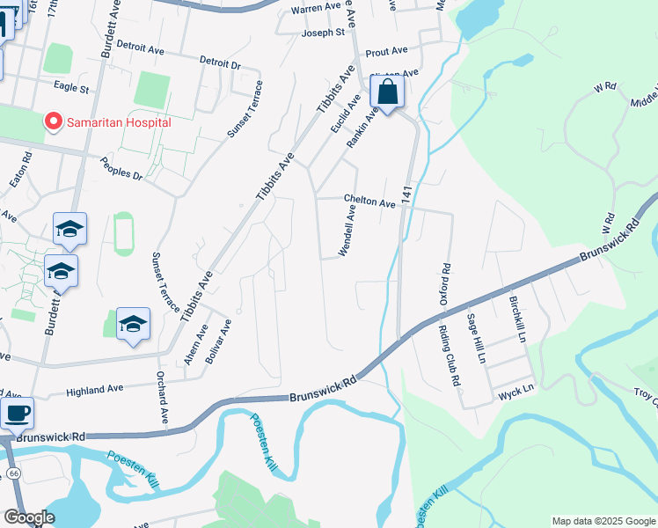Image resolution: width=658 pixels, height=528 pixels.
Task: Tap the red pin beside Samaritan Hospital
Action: point(53,121)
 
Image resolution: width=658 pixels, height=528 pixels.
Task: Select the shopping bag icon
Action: point(387,92)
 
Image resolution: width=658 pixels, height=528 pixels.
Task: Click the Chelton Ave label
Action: point(369,202)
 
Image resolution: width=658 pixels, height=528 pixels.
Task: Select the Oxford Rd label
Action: point(447,285)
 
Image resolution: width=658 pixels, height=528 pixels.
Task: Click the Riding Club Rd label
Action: point(449,356)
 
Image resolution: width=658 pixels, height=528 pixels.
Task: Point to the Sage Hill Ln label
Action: point(476,339)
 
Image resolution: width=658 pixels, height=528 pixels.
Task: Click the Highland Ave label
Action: point(95,389)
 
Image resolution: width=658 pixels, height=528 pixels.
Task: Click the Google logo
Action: point(28,517)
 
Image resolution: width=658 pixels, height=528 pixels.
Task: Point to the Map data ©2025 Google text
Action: point(603,521)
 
